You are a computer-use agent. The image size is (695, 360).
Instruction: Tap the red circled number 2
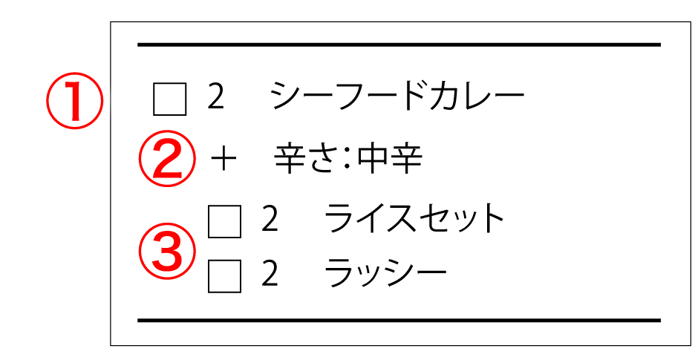167,157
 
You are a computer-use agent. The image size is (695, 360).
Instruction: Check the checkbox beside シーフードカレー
169,99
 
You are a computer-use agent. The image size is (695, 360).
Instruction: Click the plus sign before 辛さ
222,160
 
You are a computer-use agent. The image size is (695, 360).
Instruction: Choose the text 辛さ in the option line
312,158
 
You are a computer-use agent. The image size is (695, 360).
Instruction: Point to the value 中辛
389,158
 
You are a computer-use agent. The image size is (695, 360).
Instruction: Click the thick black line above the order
399,45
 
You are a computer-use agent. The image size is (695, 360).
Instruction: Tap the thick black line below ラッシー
399,321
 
